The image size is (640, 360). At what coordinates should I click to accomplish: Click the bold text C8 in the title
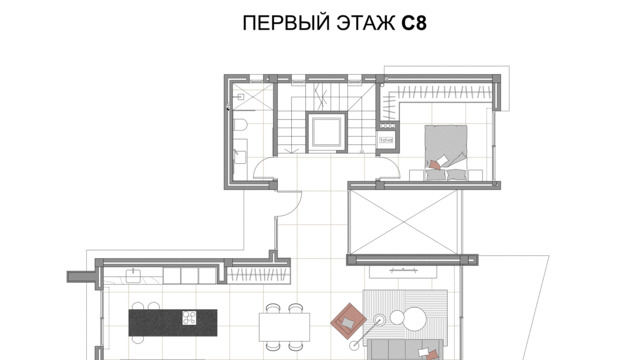pos(414,23)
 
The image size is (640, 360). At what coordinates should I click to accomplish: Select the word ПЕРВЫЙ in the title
pos(286,22)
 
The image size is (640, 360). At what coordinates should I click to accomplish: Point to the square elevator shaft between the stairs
pos(326,133)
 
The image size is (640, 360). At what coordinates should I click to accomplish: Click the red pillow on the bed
pos(434,165)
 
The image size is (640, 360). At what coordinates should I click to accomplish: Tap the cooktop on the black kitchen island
pos(189,318)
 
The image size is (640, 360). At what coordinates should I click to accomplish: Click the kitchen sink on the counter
pos(133,276)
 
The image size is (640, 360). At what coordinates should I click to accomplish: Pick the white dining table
pos(284,327)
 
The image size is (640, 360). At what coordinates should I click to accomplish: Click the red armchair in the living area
pos(348,321)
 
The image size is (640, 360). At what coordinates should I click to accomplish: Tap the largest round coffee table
pos(413,319)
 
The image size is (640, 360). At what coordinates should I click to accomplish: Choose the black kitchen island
pos(173,322)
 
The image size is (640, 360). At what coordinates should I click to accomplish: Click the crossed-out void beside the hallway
pos(403,222)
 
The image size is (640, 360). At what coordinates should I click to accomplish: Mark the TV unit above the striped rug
pos(403,271)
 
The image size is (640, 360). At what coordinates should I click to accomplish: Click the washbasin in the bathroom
pos(240,156)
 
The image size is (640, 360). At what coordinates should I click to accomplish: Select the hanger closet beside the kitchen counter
pos(258,275)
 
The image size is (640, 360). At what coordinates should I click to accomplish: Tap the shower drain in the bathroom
pos(240,97)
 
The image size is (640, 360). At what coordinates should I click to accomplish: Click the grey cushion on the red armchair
pos(347,322)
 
